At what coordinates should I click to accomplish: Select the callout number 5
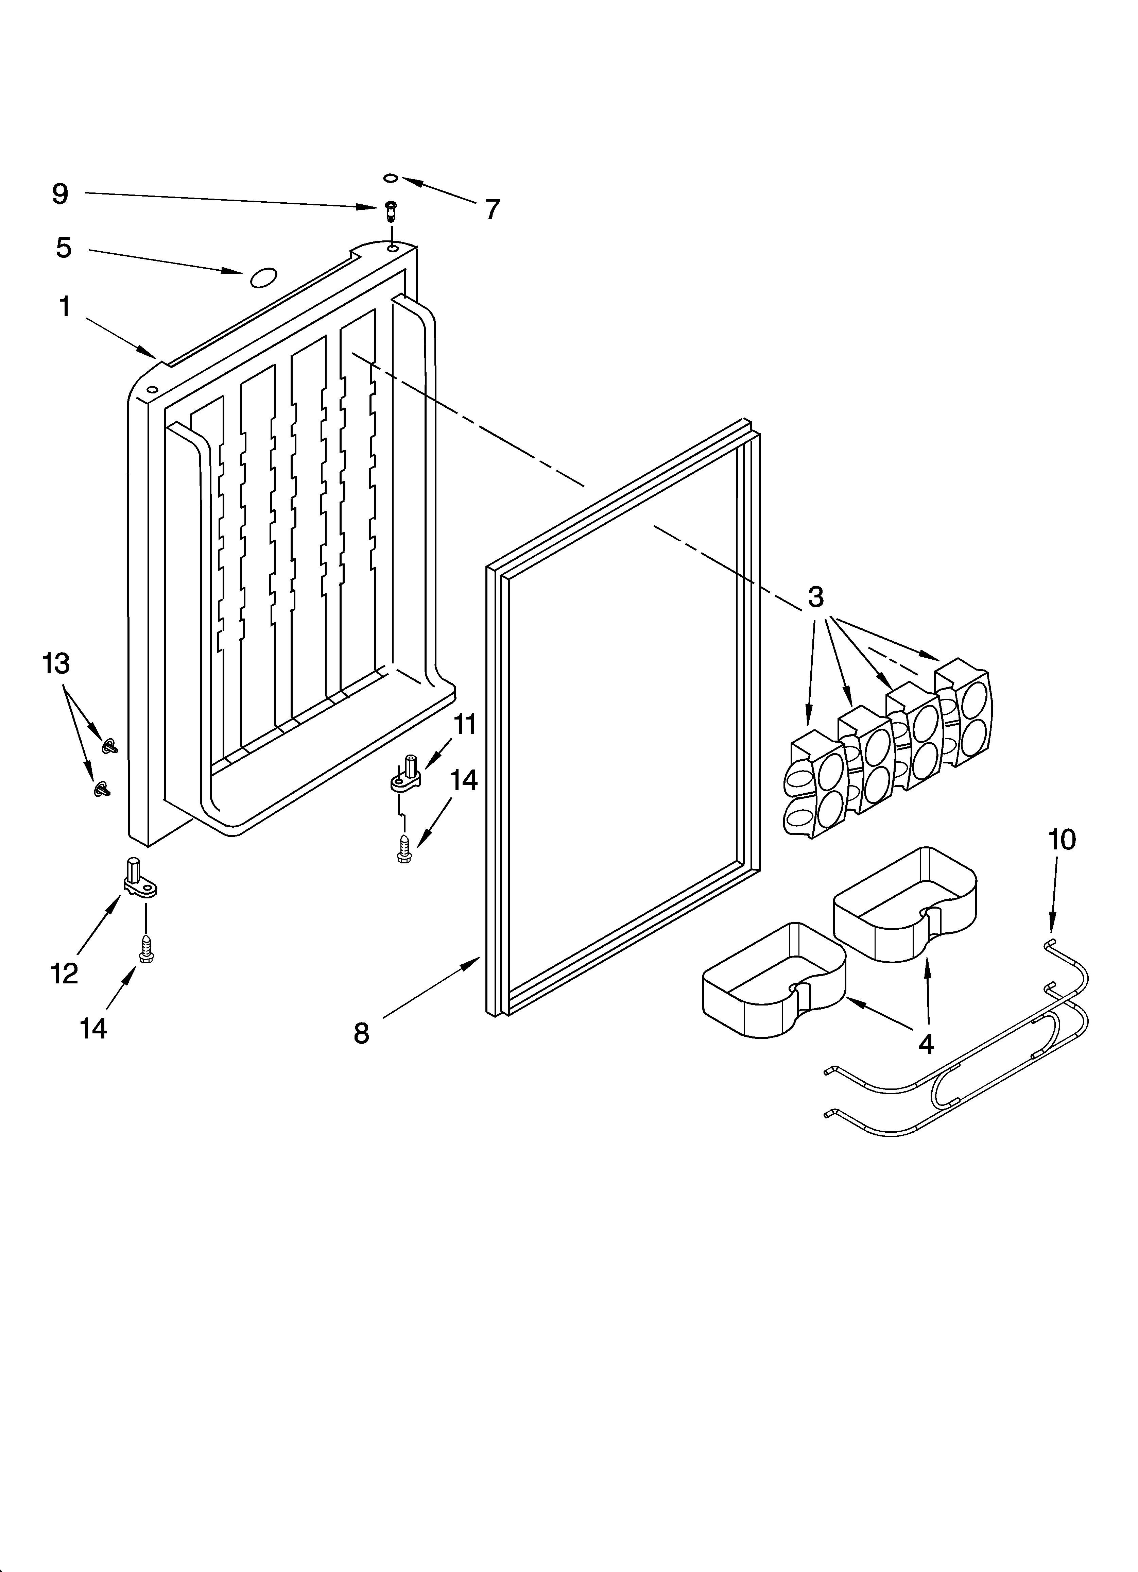[64, 248]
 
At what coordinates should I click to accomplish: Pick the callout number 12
[65, 974]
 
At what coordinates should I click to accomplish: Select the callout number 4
[926, 1043]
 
